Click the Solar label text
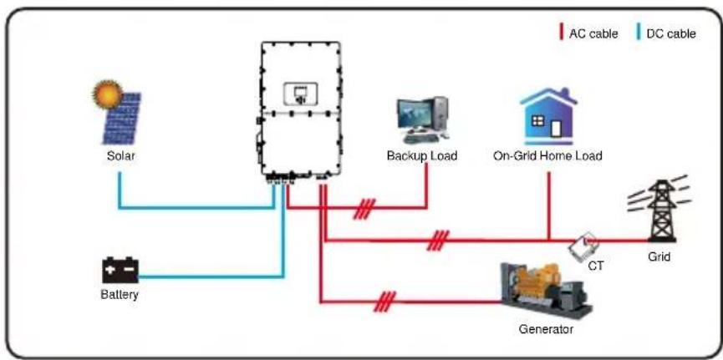(x=121, y=156)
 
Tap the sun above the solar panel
(x=107, y=94)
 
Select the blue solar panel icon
(x=122, y=119)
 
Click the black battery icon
(x=120, y=270)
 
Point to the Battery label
(x=120, y=294)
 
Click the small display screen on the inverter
(x=298, y=94)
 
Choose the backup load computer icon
(x=422, y=119)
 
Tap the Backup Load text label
(x=422, y=156)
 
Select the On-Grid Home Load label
(x=547, y=156)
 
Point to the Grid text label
(x=659, y=256)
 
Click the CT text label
(x=596, y=266)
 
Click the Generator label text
(x=546, y=330)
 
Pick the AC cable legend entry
(x=588, y=33)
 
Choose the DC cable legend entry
(x=667, y=33)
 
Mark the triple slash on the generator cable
(x=385, y=302)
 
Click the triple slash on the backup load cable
(x=364, y=209)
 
